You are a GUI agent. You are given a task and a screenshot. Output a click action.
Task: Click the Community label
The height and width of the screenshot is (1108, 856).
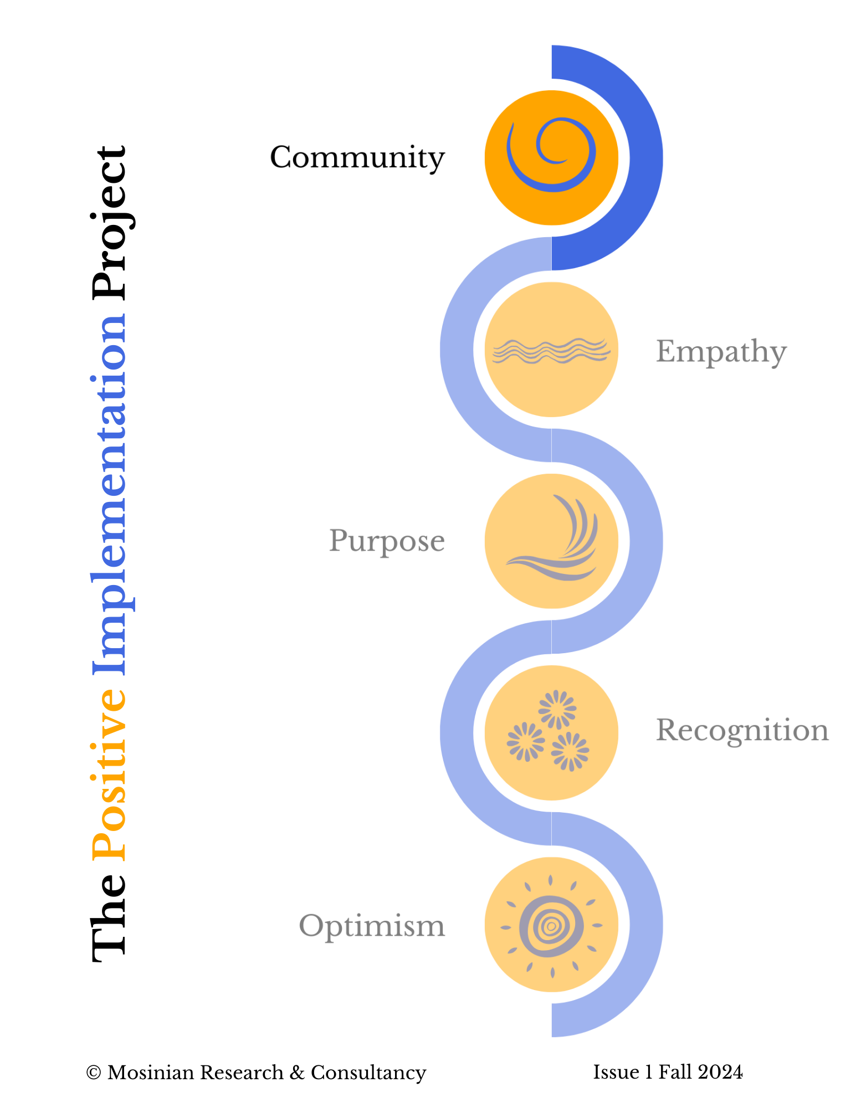coord(357,157)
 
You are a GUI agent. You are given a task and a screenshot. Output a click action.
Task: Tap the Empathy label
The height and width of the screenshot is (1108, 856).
coord(721,351)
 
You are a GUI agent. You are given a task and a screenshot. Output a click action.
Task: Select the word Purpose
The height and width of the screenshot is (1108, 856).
coord(387,541)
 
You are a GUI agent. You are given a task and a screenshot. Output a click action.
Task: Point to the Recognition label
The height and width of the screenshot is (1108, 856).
coord(742,730)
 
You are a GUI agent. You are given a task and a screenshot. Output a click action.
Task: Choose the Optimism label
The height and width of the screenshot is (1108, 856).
coord(372,926)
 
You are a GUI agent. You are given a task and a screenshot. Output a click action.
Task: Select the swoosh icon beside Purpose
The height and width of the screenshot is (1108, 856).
coord(560,540)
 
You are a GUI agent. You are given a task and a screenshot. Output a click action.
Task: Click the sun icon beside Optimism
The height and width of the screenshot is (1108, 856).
coord(551,926)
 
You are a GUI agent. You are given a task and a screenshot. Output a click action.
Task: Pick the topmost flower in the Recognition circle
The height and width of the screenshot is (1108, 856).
coord(557,709)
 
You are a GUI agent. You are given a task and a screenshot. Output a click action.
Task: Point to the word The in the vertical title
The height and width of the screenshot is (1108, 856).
coord(110,917)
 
